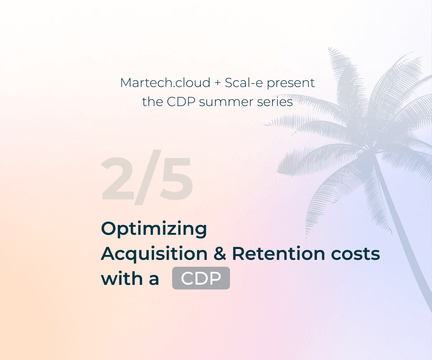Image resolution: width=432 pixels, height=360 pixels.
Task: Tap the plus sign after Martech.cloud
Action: click(217, 83)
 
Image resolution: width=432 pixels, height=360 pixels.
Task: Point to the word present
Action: click(292, 83)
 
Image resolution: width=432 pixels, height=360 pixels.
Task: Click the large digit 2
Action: click(118, 180)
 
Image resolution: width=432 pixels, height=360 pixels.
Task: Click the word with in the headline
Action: click(120, 279)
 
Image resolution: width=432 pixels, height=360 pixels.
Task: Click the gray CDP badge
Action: click(201, 279)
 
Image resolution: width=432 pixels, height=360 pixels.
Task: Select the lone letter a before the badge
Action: click(154, 279)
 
